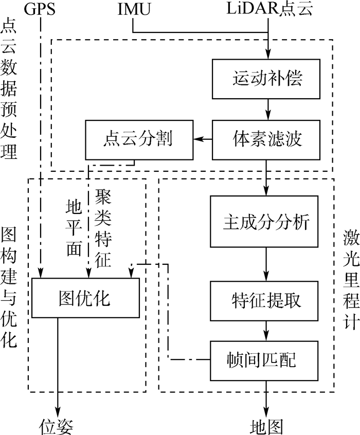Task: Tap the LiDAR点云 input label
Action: [267, 10]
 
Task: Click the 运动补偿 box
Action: [267, 79]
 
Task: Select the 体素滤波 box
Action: [267, 139]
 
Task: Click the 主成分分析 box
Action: [267, 221]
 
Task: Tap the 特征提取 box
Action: [267, 287]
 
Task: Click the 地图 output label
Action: [267, 425]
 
